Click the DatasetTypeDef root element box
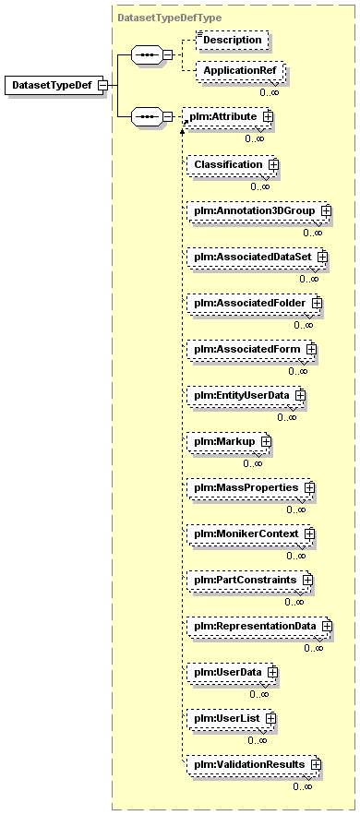click(x=54, y=85)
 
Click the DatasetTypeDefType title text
click(x=169, y=18)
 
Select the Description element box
click(x=233, y=40)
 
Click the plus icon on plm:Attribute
click(x=268, y=117)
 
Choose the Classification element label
click(x=228, y=164)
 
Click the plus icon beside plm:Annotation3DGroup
click(x=326, y=210)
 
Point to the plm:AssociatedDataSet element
click(x=257, y=257)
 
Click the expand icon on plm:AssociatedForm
click(x=311, y=349)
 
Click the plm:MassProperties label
click(x=246, y=487)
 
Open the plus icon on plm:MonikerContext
click(x=310, y=533)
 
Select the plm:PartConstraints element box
click(x=250, y=580)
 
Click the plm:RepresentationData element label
click(x=255, y=626)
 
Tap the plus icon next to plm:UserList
click(x=270, y=718)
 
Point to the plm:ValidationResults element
click(x=254, y=764)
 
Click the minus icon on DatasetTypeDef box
click(x=103, y=85)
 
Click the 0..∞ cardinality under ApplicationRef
click(x=270, y=92)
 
